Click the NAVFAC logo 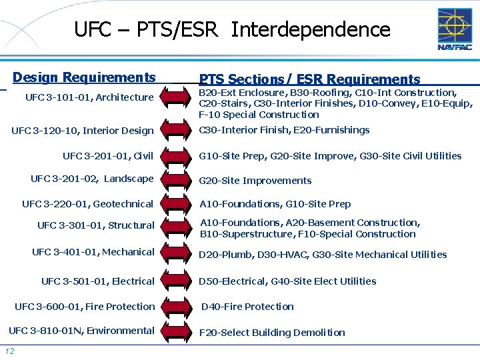(455, 29)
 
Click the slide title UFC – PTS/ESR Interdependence (232, 29)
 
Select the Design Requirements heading (84, 77)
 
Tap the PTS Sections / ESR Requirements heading (310, 79)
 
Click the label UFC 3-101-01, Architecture (89, 97)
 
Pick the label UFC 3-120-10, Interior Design (83, 131)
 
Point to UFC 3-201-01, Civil (108, 156)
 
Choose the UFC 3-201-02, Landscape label (92, 179)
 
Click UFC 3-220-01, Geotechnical (87, 204)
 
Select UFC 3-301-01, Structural (95, 225)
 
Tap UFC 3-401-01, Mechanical (93, 252)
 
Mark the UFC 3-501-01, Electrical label (97, 281)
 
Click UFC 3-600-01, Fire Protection (85, 307)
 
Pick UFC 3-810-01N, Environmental (81, 331)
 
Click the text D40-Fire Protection (247, 307)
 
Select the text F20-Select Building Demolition (272, 333)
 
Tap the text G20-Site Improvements (255, 181)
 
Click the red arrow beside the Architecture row (177, 98)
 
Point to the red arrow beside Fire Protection (177, 307)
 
